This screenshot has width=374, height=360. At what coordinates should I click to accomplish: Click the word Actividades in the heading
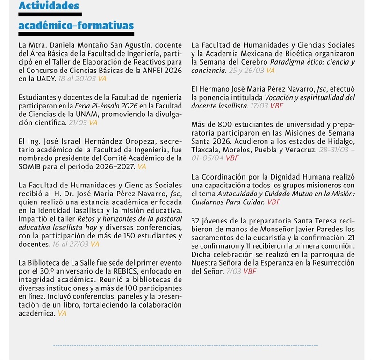(49, 6)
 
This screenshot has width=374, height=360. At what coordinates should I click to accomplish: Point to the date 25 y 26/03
(246, 71)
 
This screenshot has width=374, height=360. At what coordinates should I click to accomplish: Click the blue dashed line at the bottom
(187, 346)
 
